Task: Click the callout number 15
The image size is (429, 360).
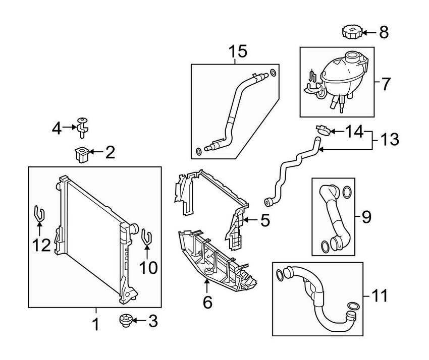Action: pos(238,51)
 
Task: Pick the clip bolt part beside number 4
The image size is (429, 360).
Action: pos(82,128)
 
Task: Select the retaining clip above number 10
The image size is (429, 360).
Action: pos(146,236)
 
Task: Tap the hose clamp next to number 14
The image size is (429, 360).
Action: pos(323,131)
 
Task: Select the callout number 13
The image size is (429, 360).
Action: pos(390,139)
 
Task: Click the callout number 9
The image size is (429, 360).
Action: pos(366,217)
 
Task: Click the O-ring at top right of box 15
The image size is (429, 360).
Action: pos(273,73)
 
